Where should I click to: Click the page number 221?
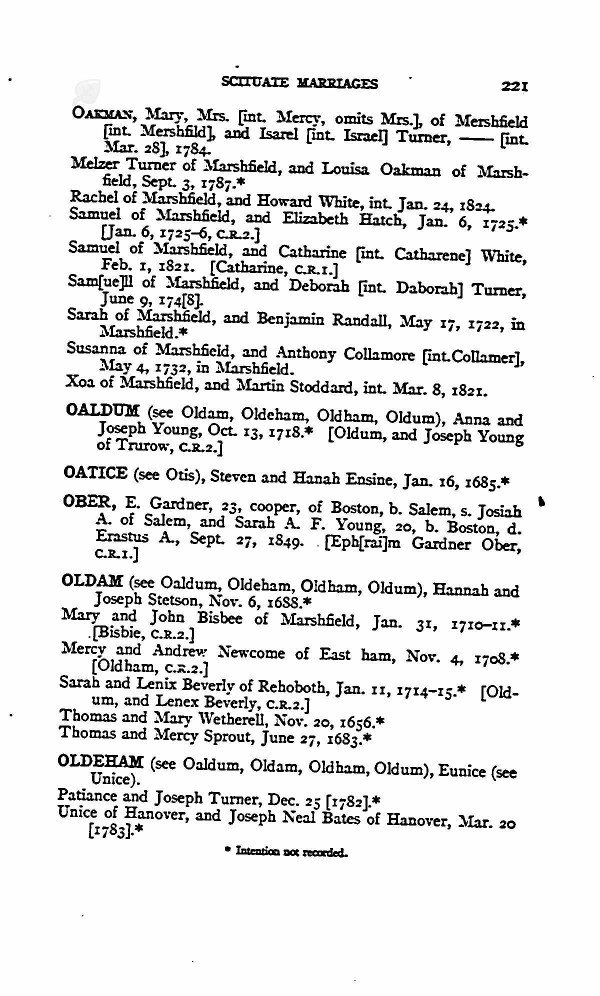tap(514, 87)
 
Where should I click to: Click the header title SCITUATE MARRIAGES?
tap(299, 83)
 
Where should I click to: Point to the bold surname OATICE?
tap(95, 472)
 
